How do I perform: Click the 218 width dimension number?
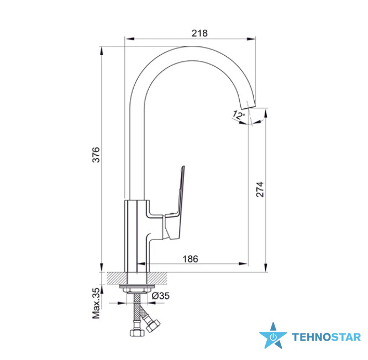[x=199, y=33]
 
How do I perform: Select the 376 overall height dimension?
[x=96, y=155]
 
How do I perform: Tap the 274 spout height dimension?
[x=260, y=189]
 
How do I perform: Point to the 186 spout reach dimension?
[x=190, y=259]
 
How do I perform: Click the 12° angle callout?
[x=239, y=115]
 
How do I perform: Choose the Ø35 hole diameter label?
[x=161, y=296]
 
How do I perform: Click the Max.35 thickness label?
[x=96, y=303]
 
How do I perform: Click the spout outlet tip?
[x=248, y=105]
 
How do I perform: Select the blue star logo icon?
[x=273, y=336]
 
